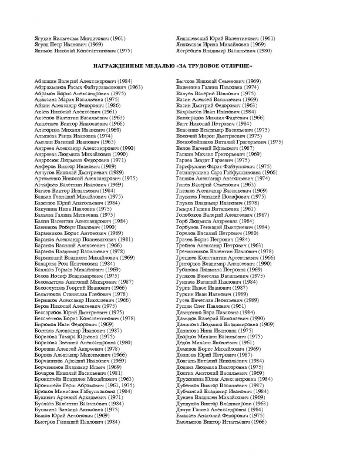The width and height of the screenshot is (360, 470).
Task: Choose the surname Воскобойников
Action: (x=200, y=142)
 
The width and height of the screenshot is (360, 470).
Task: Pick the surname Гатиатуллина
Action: (x=197, y=172)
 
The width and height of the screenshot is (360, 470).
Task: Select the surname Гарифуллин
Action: (x=195, y=166)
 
